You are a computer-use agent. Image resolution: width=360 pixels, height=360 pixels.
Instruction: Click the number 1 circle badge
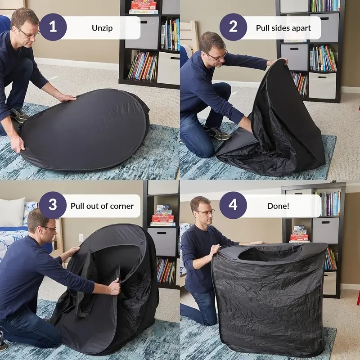[x=53, y=27]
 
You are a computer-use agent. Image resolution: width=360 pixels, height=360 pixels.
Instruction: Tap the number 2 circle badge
[x=233, y=27]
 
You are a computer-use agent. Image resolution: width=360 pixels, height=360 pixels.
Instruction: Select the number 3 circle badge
[x=53, y=206]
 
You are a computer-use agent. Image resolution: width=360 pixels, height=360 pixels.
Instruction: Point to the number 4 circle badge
[x=233, y=206]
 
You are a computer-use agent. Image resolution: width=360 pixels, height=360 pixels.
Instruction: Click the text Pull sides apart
[x=283, y=28]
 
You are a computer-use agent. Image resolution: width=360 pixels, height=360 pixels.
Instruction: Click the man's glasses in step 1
[x=28, y=32]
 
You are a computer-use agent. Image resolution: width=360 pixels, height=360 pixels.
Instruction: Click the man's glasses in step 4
[x=205, y=212]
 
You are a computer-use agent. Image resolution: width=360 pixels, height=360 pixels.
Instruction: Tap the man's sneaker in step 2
[x=216, y=133]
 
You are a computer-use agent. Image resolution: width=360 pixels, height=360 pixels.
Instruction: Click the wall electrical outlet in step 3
[x=81, y=237]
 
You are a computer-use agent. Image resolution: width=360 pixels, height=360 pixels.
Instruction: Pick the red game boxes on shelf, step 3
[x=162, y=218]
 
